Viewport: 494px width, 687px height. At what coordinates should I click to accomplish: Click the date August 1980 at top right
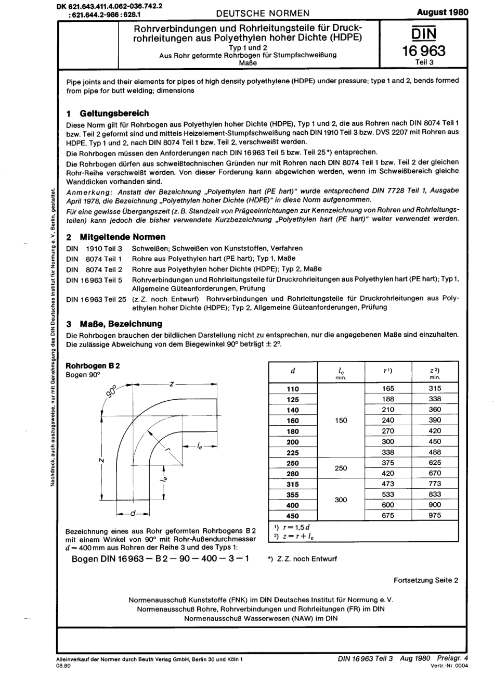pos(443,12)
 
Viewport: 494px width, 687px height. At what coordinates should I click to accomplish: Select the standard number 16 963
pos(424,51)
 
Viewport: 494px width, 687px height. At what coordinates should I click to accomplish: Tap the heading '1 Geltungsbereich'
pos(108,113)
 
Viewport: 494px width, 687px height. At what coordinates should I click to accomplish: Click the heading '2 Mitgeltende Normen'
pos(116,237)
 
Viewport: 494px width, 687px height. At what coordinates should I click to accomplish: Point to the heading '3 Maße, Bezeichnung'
pos(114,323)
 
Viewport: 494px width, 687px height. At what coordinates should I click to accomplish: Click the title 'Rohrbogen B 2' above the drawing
pos(93,365)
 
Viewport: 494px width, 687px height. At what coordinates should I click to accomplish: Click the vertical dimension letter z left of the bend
pos(102,460)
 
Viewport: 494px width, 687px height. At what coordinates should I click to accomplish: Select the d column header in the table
pos(293,371)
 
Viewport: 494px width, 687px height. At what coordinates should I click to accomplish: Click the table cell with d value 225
pos(293,452)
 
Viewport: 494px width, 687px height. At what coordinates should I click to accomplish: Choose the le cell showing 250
pos(341,468)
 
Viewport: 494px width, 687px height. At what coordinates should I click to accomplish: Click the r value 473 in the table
pos(388,484)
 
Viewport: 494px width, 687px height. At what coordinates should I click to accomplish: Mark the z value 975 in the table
pos(435,516)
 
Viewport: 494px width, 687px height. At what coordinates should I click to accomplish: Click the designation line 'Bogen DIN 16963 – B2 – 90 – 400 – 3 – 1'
pos(160,558)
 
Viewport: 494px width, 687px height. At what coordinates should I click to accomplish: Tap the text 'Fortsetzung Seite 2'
pos(426,580)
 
